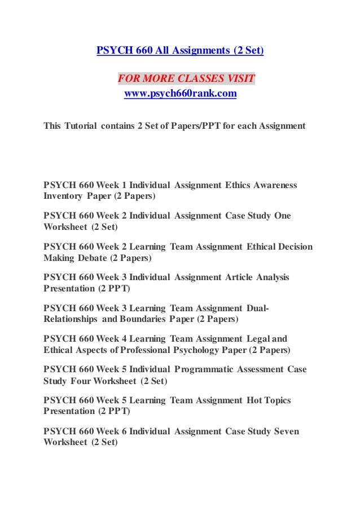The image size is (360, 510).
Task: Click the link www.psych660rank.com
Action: click(180, 94)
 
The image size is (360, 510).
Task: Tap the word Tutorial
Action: click(80, 125)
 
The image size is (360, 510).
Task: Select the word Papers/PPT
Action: click(195, 125)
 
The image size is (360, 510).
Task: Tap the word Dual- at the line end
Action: click(258, 308)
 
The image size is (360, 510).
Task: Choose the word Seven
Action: click(286, 431)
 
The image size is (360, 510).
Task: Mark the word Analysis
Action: click(272, 277)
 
